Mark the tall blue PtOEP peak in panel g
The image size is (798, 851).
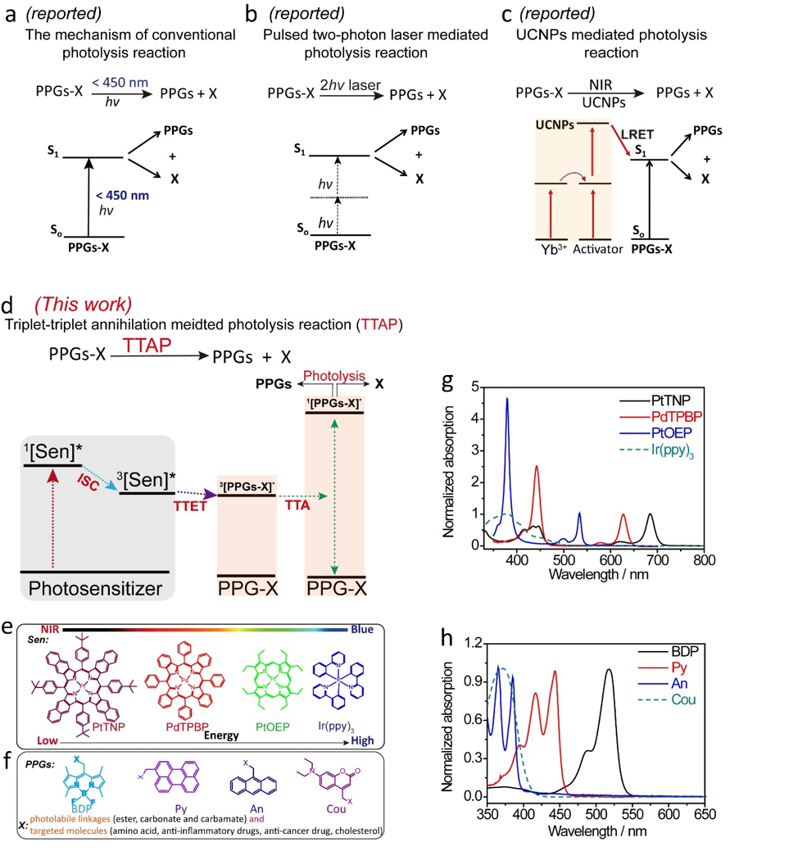[507, 400]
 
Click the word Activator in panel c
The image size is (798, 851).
[596, 250]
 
